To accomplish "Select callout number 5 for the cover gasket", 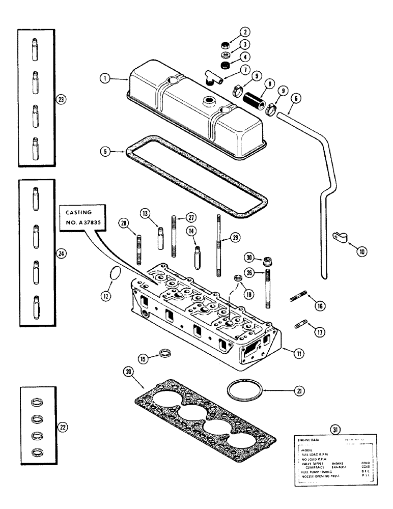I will click(x=105, y=151).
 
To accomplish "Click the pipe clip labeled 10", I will click(x=338, y=237).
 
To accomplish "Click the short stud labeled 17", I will click(x=300, y=324).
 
